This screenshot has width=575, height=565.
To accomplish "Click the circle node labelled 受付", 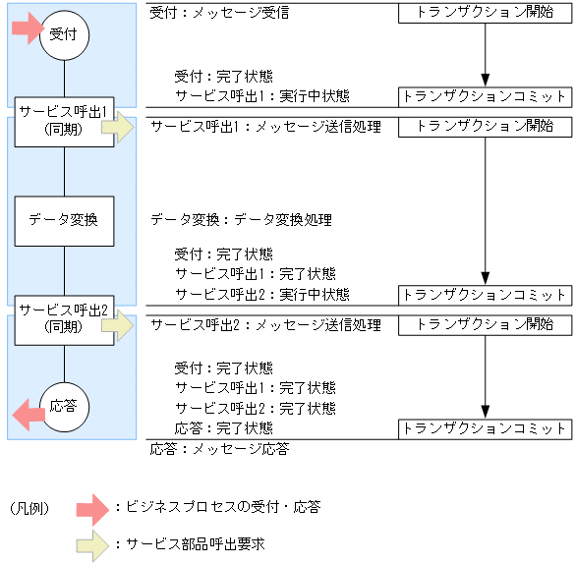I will pyautogui.click(x=64, y=34).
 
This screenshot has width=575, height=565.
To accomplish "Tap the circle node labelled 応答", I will pyautogui.click(x=64, y=405).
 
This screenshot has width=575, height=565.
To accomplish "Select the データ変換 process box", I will pyautogui.click(x=64, y=220).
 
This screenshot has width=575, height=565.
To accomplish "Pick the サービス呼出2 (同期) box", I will pyautogui.click(x=64, y=316).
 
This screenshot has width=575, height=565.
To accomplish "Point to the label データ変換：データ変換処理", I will pyautogui.click(x=241, y=220).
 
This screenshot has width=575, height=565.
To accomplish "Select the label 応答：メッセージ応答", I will pyautogui.click(x=220, y=449).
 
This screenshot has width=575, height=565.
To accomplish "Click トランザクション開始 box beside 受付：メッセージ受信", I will pyautogui.click(x=485, y=14).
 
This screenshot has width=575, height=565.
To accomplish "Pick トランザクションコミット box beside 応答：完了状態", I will pyautogui.click(x=485, y=428).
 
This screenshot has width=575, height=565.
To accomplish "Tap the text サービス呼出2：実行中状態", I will pyautogui.click(x=261, y=294).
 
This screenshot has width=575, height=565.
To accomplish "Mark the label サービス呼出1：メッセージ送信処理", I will pyautogui.click(x=265, y=128).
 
